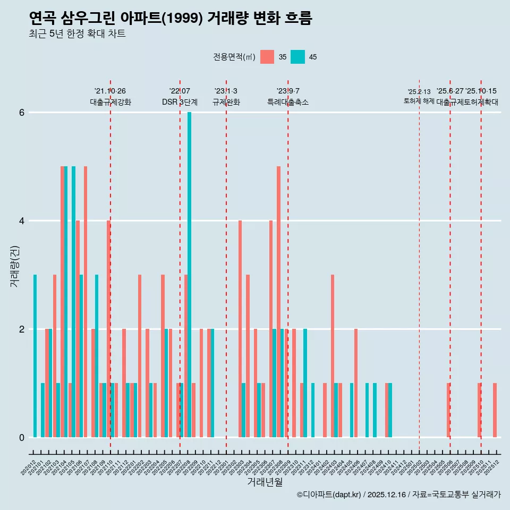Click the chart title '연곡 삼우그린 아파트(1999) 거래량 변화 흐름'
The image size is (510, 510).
[x=171, y=19]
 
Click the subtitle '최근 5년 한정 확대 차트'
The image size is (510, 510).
[x=77, y=34]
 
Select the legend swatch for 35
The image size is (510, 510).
[x=267, y=57]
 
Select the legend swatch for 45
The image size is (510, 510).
[x=297, y=57]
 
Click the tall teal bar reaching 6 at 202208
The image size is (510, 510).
[x=189, y=275]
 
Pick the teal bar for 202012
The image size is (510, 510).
[x=35, y=356]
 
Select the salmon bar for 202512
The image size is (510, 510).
[x=495, y=410]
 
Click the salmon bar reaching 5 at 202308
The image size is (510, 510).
[x=278, y=302]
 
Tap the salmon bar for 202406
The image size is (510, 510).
[x=355, y=383]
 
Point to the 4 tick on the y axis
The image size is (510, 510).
[x=22, y=220]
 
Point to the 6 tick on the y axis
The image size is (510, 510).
[x=22, y=112]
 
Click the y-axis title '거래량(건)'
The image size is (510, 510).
[x=15, y=266]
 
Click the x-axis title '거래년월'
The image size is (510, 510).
[x=265, y=482]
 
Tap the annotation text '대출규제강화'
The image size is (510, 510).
[x=110, y=102]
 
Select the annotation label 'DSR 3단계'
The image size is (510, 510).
[x=180, y=102]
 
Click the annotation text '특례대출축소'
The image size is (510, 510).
[x=288, y=102]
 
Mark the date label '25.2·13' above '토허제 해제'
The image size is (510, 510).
[x=419, y=92]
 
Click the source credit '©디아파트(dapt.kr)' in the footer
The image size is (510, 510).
[x=329, y=495]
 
